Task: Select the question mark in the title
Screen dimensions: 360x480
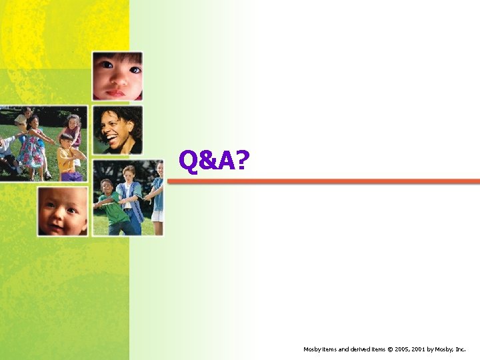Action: click(241, 160)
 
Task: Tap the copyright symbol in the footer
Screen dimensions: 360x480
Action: click(391, 349)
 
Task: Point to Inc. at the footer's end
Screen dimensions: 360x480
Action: click(461, 349)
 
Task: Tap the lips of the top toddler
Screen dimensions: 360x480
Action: click(117, 92)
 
